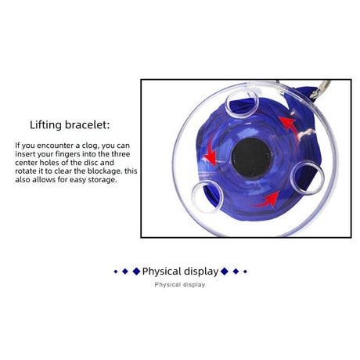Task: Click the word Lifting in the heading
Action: pos(45,125)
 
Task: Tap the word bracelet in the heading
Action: pos(87,124)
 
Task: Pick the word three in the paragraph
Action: pos(121,154)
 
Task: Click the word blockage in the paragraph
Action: pos(104,171)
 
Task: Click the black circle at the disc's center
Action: pos(252,157)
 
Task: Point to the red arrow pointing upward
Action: pos(290,127)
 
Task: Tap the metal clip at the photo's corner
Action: pos(320,89)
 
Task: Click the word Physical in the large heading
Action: pos(160,272)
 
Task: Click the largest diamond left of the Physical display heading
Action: pos(136,272)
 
